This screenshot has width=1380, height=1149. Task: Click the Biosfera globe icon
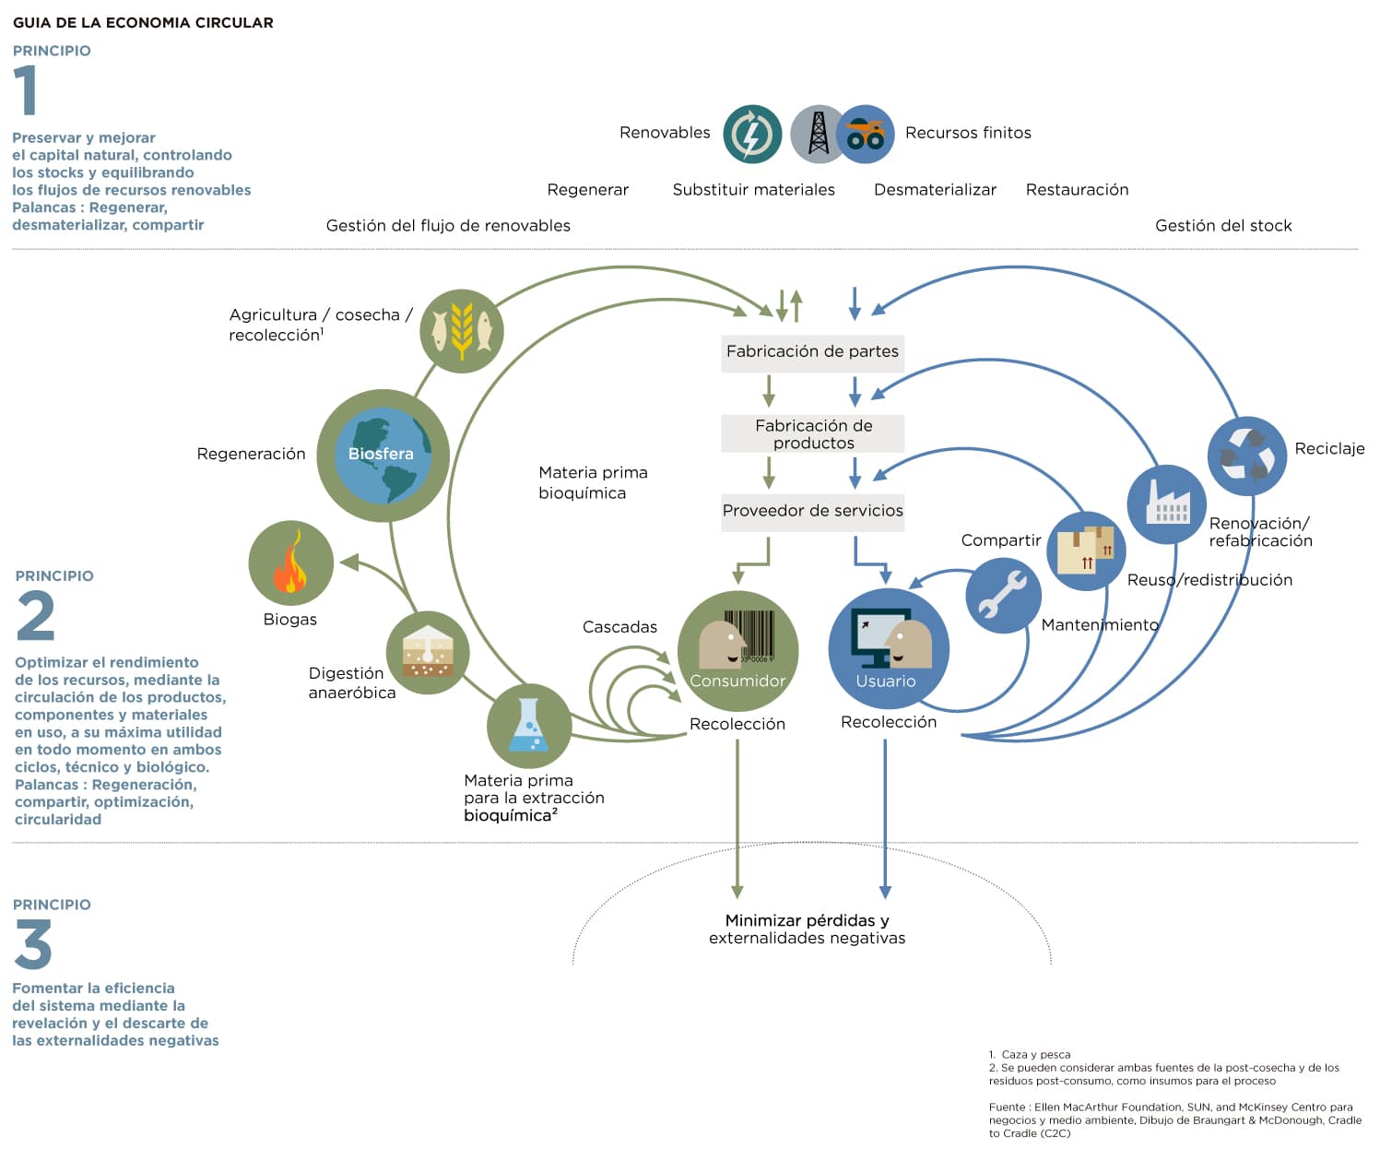[383, 456]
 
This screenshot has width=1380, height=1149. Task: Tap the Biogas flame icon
[290, 563]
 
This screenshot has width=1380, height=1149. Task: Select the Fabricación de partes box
[812, 352]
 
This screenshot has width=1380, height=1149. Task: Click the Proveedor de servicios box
[812, 513]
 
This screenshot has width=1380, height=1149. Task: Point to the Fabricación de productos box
[812, 433]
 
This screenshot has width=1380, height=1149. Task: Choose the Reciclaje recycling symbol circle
[1246, 456]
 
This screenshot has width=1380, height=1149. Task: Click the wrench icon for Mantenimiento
[1003, 595]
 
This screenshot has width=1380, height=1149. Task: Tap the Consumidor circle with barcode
[737, 651]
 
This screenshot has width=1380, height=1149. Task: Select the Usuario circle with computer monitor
[889, 648]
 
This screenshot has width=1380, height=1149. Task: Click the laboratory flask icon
[529, 725]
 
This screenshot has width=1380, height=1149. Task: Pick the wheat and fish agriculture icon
[461, 331]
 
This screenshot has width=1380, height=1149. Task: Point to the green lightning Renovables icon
[752, 135]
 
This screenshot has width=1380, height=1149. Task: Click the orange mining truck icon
[866, 135]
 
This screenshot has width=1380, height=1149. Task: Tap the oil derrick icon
[817, 135]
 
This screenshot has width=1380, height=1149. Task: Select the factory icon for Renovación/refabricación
[1166, 503]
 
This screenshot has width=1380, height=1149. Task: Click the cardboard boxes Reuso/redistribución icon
[1086, 551]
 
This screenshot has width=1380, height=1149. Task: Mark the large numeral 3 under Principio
[32, 943]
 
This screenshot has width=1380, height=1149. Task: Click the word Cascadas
[619, 627]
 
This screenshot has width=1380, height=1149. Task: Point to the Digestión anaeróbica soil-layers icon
[428, 653]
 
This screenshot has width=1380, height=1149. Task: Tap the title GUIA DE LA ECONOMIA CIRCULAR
[143, 22]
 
